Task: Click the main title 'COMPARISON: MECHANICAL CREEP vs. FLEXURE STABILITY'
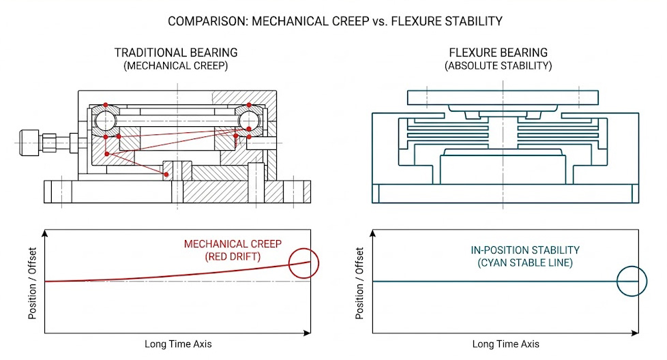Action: [x=335, y=21]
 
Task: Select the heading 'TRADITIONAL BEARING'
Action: [x=176, y=53]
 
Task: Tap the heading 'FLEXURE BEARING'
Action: [x=498, y=53]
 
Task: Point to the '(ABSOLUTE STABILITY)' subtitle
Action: [x=498, y=66]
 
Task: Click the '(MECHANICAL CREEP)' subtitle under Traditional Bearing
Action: [x=176, y=66]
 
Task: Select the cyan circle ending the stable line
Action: [x=632, y=281]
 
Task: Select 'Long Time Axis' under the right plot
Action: [x=505, y=344]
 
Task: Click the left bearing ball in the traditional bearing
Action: [x=106, y=121]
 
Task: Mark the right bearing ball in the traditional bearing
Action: [x=249, y=120]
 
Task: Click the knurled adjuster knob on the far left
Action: [x=31, y=142]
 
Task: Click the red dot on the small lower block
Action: [x=167, y=175]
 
